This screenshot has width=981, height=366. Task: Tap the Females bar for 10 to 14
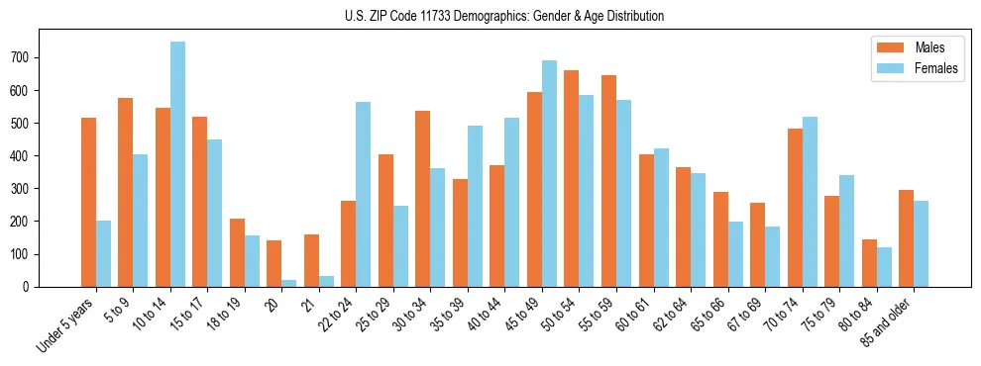(x=177, y=164)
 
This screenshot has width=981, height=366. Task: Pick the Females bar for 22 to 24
(x=364, y=194)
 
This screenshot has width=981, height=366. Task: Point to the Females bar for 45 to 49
(x=549, y=173)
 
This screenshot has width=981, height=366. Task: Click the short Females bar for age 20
(x=289, y=283)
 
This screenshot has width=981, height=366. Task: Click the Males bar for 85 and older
(x=906, y=237)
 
